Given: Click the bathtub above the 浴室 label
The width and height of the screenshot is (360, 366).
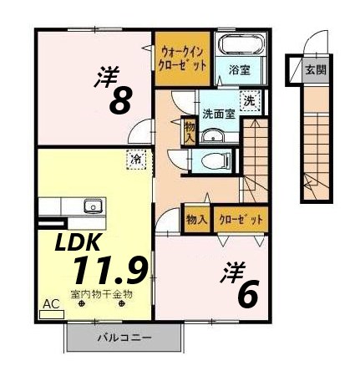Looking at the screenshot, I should pos(241,45).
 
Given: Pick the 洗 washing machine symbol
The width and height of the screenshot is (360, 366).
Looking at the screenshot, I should pos(249,99).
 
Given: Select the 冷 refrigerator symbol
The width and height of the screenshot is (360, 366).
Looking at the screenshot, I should pos(134,157).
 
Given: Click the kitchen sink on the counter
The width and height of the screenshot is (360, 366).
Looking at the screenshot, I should pos(91,206).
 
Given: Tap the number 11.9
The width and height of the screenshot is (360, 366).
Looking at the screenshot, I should pos(109,269).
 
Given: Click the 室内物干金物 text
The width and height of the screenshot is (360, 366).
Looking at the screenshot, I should pos(101,294).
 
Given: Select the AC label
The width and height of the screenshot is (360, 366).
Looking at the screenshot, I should pos(49,306).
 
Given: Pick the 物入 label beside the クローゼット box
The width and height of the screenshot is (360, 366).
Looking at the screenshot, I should pos(197,219).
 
